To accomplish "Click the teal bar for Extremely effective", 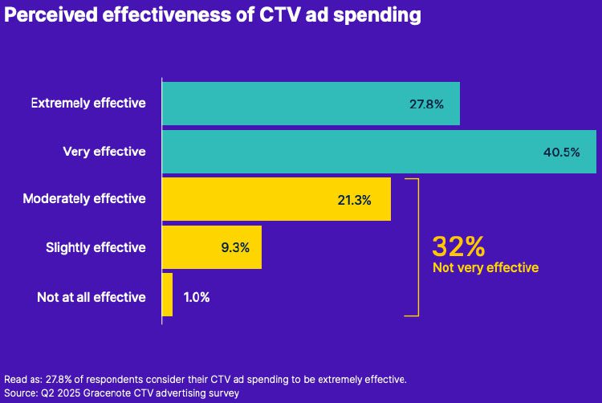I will click(x=311, y=104).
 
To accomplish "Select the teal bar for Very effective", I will click(x=379, y=152).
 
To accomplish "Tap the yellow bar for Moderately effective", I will click(x=276, y=199).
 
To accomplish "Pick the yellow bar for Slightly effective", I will click(x=212, y=247).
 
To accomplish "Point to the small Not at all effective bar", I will click(x=167, y=295).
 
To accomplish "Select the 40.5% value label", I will click(x=560, y=153).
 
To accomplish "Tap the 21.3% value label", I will click(x=354, y=201).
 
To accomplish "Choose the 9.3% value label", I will click(x=234, y=248).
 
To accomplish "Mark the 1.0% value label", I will click(x=197, y=297).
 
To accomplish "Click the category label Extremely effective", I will click(x=88, y=104).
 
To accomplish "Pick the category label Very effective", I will click(x=104, y=152).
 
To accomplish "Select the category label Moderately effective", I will click(x=84, y=199).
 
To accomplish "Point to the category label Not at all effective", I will click(x=92, y=297).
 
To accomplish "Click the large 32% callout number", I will click(x=458, y=246).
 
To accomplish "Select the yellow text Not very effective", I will click(x=485, y=268).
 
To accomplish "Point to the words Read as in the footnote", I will click(x=22, y=379).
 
